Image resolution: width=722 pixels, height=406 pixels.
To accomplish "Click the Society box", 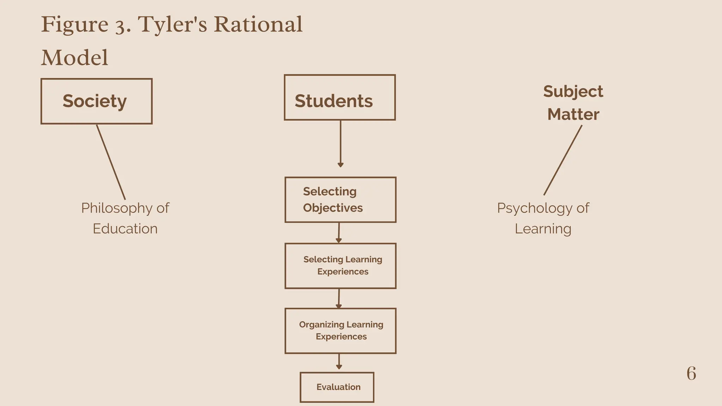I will point(96,101).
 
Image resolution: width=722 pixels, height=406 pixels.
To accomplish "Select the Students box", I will point(339,98).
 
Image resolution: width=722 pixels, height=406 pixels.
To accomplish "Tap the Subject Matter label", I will point(573,103).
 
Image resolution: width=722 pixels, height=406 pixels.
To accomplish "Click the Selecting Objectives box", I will point(340,200).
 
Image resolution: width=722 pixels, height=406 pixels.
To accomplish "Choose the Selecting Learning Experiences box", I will point(340,266).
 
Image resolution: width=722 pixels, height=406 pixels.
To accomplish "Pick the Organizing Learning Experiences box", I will point(340,331).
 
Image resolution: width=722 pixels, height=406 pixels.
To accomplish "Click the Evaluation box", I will point(337,387).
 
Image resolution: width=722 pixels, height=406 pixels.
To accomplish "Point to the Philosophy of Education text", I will point(125,218).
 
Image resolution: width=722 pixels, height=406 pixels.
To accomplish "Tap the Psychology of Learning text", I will point(543,218).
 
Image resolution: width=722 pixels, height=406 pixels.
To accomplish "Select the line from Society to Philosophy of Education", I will point(111,162).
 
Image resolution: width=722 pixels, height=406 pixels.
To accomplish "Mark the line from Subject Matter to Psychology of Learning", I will point(563,160).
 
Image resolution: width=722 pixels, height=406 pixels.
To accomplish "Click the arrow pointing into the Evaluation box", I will point(339,362).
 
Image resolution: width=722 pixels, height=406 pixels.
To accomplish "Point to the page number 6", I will point(691,374).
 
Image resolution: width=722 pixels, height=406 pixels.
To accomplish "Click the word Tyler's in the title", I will point(172,25).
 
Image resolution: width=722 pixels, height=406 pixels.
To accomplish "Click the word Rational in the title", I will point(258,25).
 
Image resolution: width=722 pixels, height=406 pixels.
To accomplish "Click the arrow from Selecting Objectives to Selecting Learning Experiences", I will point(339,233).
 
